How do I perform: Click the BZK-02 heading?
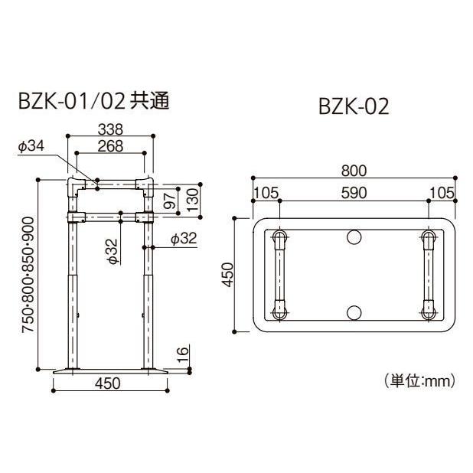click(354, 107)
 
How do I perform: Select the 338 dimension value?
click(110, 130)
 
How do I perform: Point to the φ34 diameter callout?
click(31, 146)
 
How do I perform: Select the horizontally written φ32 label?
click(183, 240)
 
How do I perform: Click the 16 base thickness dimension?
click(181, 354)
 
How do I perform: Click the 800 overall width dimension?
click(354, 171)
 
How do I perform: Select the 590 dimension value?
click(354, 192)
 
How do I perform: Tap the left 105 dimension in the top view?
click(266, 192)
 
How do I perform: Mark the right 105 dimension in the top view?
click(442, 192)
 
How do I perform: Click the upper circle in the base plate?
click(354, 237)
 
